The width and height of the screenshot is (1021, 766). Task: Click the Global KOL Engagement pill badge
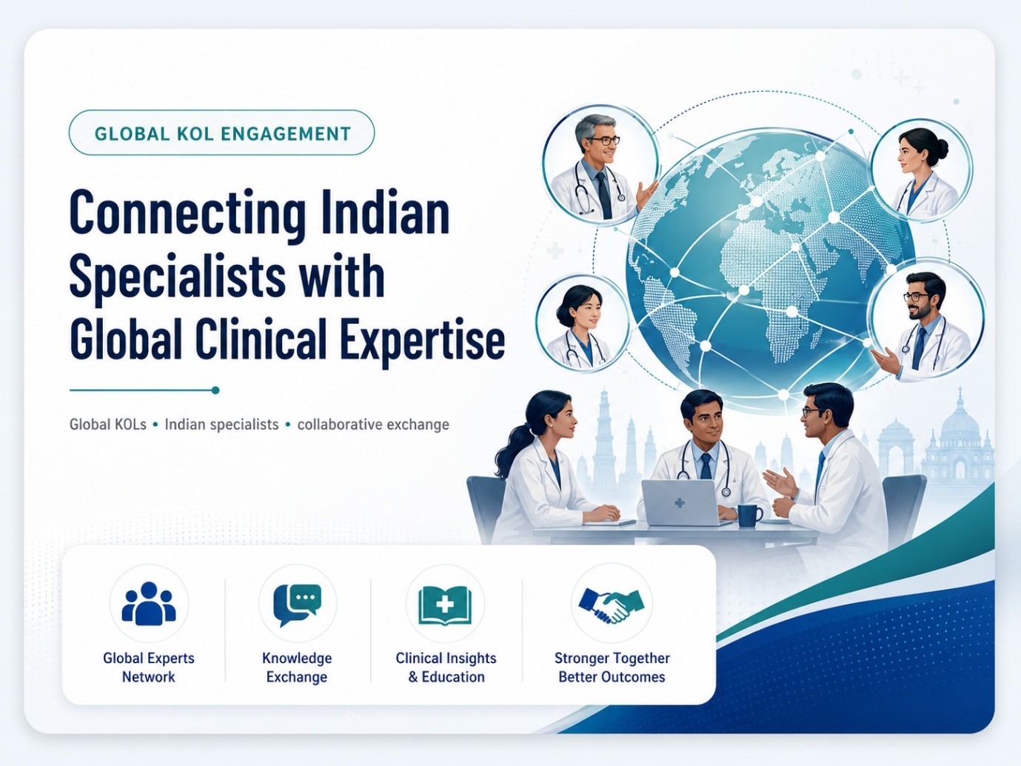tap(221, 133)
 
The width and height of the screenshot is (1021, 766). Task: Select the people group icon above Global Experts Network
tap(149, 603)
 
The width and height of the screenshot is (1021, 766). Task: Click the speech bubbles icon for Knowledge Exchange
tap(298, 604)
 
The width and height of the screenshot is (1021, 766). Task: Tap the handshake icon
tap(612, 606)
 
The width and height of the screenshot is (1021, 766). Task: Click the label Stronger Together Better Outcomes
tap(612, 667)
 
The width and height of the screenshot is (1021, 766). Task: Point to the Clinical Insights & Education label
tap(446, 667)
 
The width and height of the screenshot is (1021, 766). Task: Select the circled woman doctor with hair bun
tap(922, 170)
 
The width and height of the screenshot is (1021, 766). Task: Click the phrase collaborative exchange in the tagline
tap(373, 424)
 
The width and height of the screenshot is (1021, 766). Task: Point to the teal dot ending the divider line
tap(215, 390)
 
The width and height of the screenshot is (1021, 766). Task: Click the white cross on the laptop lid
tap(680, 502)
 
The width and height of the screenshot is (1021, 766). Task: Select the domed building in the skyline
tap(958, 447)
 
